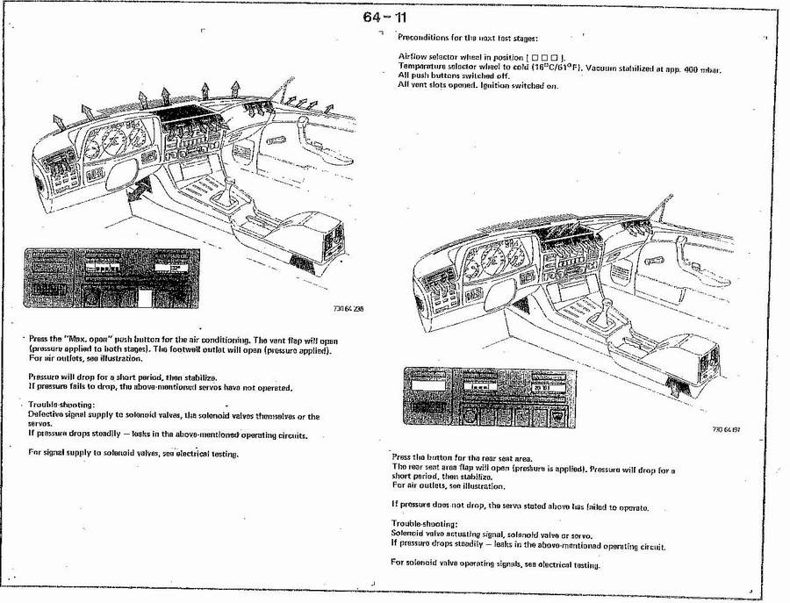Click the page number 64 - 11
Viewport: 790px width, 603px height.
385,18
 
